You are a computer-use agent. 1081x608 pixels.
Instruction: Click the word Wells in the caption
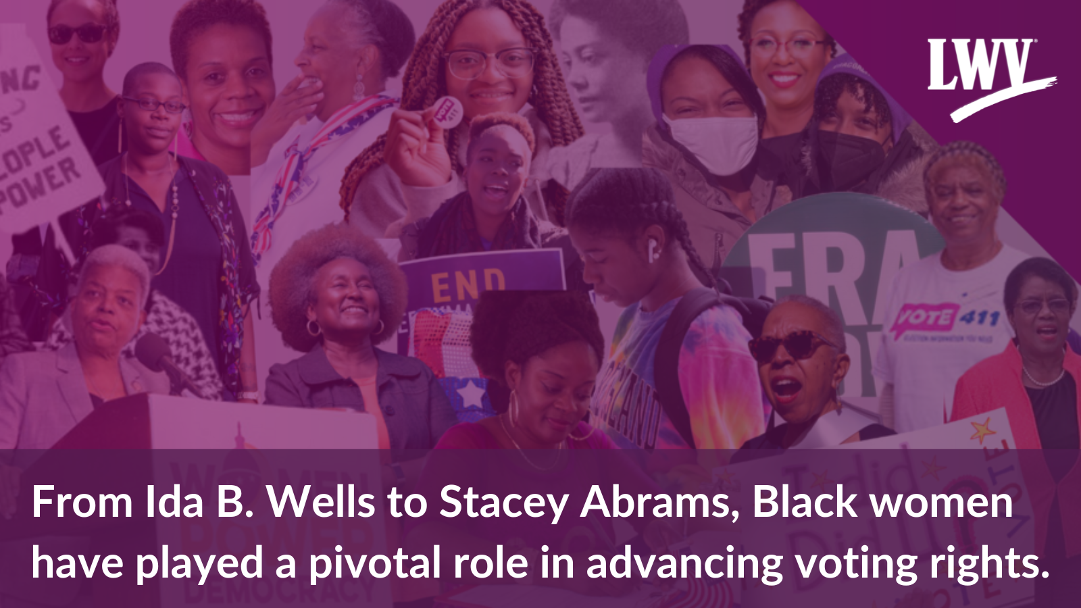[x=321, y=502]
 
